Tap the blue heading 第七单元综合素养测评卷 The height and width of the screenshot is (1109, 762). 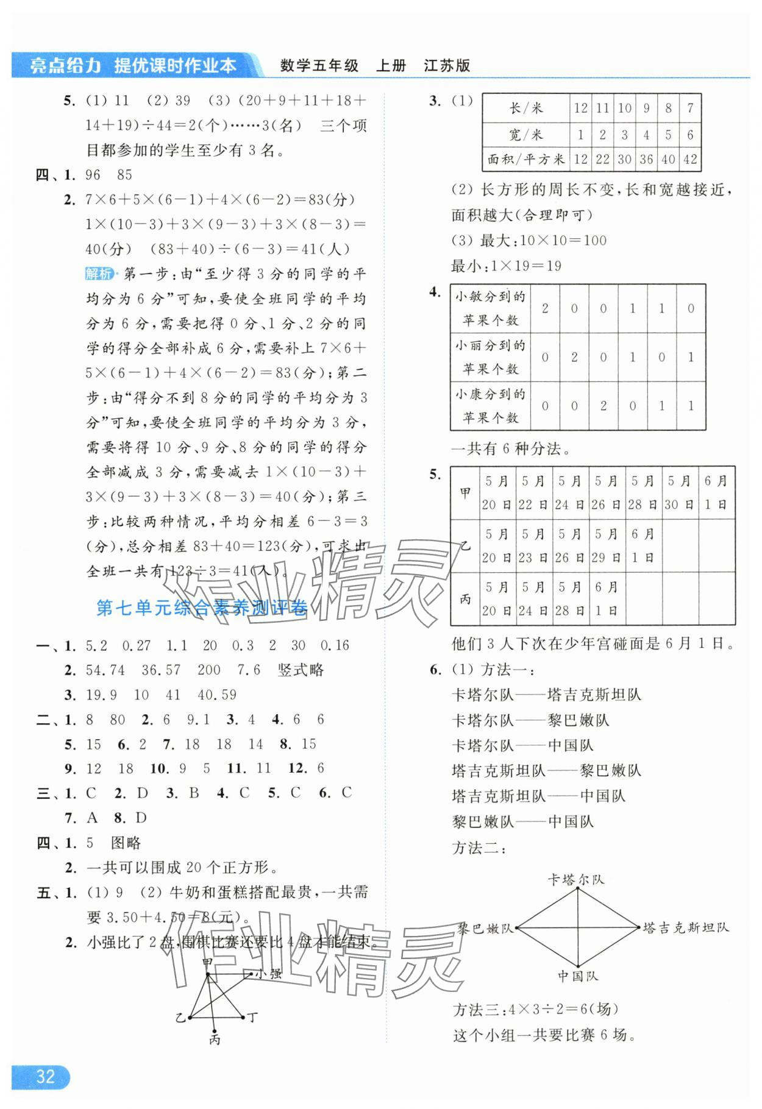(x=202, y=608)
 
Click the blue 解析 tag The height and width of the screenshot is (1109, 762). (x=99, y=274)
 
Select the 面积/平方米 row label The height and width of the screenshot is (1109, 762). (x=525, y=160)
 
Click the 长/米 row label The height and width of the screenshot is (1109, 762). (x=525, y=108)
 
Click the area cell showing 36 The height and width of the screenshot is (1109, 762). (x=646, y=160)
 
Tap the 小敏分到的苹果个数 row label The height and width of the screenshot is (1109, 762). (x=490, y=308)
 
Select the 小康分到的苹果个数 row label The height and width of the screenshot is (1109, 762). (x=490, y=406)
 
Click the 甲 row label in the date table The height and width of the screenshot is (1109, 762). (x=465, y=492)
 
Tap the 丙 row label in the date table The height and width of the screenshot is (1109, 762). (x=465, y=598)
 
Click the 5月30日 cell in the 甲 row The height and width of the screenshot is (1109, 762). (x=680, y=492)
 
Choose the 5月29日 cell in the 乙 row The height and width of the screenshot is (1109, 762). (x=607, y=545)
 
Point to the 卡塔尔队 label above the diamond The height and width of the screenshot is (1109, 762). (x=575, y=879)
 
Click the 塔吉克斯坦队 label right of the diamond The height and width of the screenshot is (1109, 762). (x=686, y=928)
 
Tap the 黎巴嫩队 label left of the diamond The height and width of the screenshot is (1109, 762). (x=486, y=928)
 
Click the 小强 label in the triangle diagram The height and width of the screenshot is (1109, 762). (x=268, y=974)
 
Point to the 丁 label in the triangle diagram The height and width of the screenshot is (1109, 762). (x=252, y=1017)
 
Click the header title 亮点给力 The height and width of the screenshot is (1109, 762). (x=65, y=66)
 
